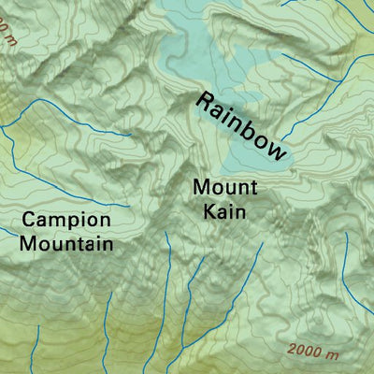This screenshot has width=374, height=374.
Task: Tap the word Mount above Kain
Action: click(x=224, y=187)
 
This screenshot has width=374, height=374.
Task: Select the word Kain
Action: click(x=224, y=212)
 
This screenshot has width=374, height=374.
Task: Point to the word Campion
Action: click(x=66, y=221)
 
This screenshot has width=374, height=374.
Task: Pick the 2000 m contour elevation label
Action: click(x=312, y=352)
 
